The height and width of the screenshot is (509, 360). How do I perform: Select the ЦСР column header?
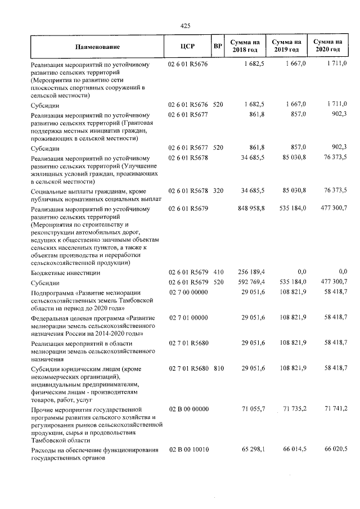pyautogui.click(x=188, y=47)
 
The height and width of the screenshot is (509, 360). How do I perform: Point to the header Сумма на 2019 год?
pyautogui.click(x=287, y=47)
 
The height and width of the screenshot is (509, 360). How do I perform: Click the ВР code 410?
pyautogui.click(x=218, y=273)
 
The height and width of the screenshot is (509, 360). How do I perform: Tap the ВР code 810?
pyautogui.click(x=218, y=368)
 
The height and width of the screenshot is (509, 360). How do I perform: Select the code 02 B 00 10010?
pyautogui.click(x=188, y=451)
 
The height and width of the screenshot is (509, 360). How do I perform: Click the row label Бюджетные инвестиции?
pyautogui.click(x=66, y=273)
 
